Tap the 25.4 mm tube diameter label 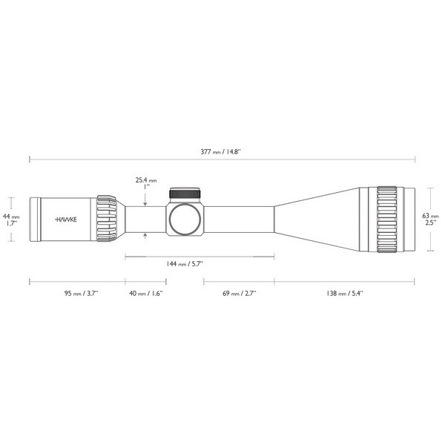[x=146, y=179]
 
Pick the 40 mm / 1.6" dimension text [x=145, y=294]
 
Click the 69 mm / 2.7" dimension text [x=238, y=294]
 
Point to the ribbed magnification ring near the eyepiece [x=105, y=219]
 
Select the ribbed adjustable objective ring [x=387, y=219]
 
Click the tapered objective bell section [x=319, y=219]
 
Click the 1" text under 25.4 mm [x=147, y=187]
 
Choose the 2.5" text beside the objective [x=429, y=222]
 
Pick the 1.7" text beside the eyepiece [x=11, y=222]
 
